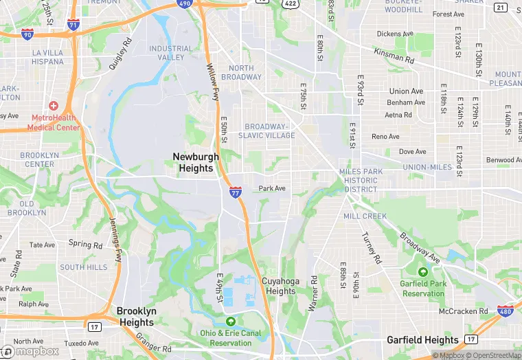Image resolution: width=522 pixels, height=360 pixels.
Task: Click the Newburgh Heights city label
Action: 196,162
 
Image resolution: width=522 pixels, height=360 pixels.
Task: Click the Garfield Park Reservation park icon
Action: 424,272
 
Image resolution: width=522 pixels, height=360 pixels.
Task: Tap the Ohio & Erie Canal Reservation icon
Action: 231,322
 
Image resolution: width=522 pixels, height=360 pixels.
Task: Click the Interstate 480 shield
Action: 505,312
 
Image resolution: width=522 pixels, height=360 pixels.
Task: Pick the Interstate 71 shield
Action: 73,25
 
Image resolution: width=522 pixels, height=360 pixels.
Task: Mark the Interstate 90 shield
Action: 27,34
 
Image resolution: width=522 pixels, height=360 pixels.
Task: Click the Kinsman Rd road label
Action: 394,56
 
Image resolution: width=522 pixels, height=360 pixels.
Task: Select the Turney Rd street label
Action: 371,247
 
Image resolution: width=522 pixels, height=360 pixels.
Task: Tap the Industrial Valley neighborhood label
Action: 171,53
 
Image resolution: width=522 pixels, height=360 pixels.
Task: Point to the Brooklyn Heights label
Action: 136,317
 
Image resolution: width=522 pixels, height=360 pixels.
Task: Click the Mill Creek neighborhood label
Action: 365,216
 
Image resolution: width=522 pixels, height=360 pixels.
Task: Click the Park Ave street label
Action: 271,188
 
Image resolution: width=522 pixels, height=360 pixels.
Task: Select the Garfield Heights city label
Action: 422,339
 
